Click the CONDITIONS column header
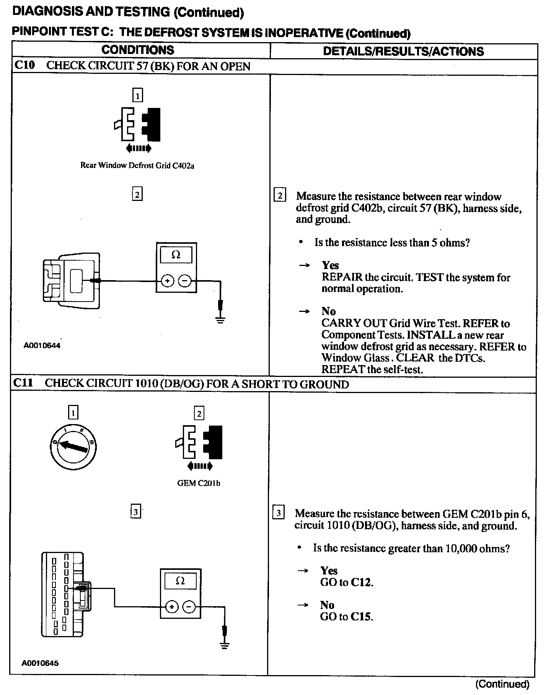[x=138, y=50]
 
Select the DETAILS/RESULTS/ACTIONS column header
[x=403, y=51]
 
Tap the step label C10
[x=24, y=65]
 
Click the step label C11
[x=23, y=383]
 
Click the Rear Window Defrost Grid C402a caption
[x=137, y=166]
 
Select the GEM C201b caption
[x=199, y=483]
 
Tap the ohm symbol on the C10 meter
[x=176, y=255]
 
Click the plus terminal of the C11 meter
[x=172, y=607]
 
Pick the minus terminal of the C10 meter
[x=185, y=281]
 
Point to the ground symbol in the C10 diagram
[x=220, y=318]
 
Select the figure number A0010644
[x=42, y=346]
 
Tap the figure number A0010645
[x=40, y=663]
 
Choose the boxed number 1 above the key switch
[x=73, y=413]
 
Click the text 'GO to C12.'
[x=346, y=582]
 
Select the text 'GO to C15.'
[x=346, y=617]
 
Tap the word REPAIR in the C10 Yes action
[x=342, y=277]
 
